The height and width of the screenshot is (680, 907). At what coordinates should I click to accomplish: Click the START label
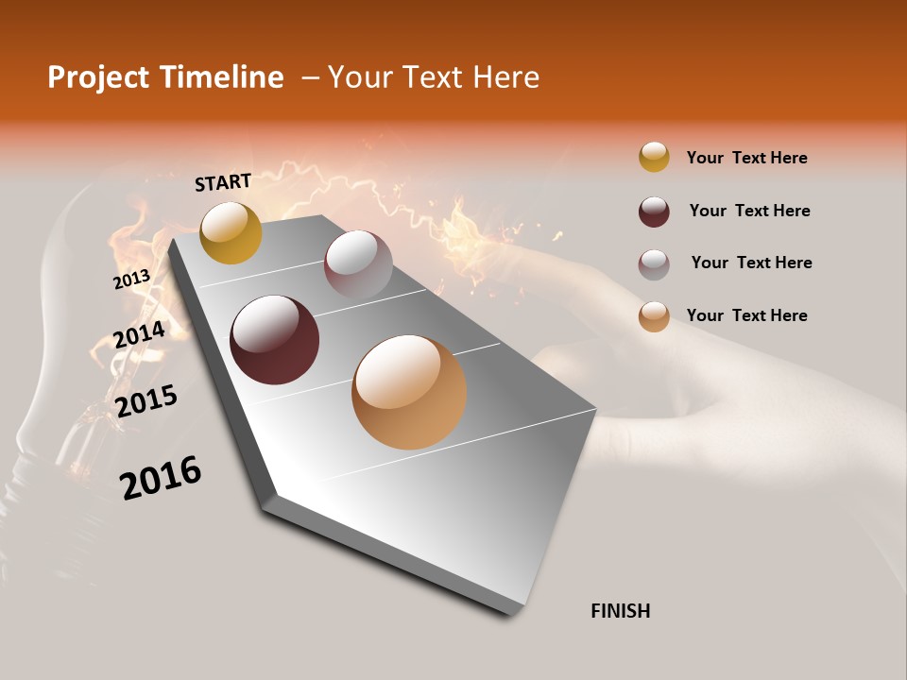pos(223,182)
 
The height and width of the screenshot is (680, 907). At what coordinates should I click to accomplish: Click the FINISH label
pos(620,611)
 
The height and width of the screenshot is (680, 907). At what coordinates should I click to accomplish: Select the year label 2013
pos(131,280)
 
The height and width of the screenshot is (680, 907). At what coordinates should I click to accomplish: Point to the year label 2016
pos(161,478)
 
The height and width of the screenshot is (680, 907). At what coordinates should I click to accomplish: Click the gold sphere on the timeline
pos(231,232)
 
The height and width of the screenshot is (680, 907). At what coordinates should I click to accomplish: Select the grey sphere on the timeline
pos(358,264)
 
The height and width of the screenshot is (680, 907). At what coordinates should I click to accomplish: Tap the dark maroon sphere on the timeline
pos(275,340)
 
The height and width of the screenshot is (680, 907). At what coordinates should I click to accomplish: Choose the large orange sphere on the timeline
pos(409,392)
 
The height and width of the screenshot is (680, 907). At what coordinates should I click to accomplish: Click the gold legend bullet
pos(654,158)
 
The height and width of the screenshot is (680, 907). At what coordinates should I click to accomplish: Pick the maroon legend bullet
pos(654,212)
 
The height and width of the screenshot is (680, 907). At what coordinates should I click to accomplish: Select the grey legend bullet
pos(654,263)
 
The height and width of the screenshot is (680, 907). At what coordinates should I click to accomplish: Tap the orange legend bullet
pos(654,316)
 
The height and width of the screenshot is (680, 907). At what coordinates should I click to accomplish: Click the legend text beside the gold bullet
pos(746,158)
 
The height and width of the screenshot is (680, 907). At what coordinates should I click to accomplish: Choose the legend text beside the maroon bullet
pos(749,211)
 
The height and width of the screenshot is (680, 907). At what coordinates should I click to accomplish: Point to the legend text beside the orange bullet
pos(746,315)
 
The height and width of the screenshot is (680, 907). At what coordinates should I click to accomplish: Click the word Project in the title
pos(98,77)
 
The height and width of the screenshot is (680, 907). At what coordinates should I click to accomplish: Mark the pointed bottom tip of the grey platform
pos(511,615)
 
